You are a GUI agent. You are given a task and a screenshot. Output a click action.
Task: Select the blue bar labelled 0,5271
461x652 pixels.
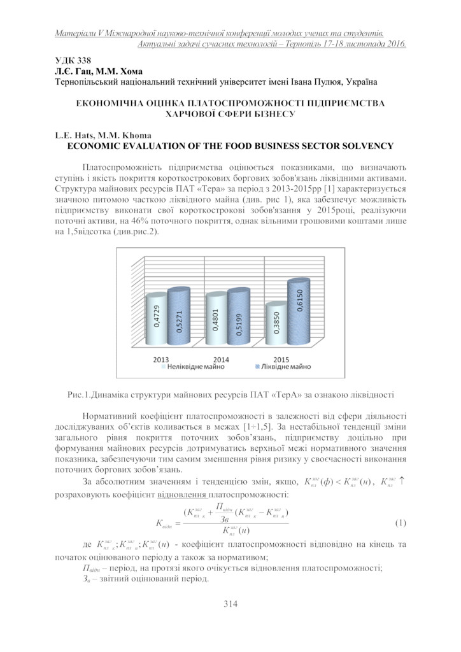180,318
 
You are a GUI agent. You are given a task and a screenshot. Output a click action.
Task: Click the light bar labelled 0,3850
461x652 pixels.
277,327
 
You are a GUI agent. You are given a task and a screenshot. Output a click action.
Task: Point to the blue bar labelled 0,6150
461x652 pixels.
299,312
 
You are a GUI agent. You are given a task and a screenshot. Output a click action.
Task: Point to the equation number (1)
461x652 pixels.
400,523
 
